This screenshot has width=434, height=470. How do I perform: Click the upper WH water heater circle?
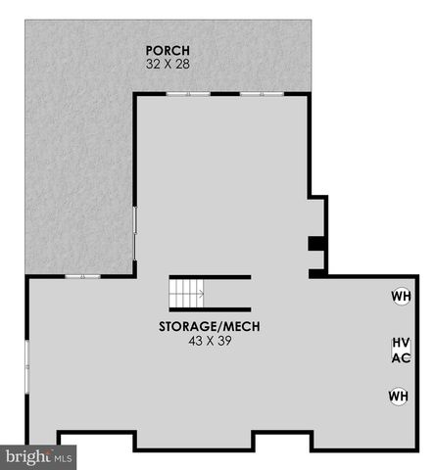[401, 296]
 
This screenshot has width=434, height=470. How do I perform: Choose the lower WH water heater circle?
[398, 396]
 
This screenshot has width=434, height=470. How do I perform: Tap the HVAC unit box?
[400, 350]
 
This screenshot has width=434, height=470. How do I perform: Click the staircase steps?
[185, 292]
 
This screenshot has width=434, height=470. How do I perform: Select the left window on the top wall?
[187, 94]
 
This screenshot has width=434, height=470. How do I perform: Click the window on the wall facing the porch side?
[135, 232]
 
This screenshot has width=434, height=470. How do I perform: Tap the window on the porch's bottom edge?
[83, 276]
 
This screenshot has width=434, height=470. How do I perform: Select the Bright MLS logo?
[39, 455]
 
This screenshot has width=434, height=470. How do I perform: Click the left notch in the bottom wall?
[96, 441]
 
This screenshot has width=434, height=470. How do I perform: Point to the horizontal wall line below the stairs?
[211, 307]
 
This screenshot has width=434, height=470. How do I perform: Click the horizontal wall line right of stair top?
[227, 276]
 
